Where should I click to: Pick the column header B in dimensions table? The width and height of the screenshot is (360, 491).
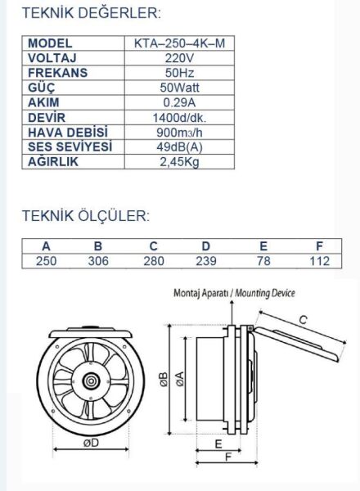tap(97, 245)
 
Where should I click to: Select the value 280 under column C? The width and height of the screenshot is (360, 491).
tap(152, 260)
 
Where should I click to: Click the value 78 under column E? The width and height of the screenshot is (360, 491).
tap(263, 260)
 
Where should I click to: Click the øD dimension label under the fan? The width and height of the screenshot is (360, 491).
tap(89, 443)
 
